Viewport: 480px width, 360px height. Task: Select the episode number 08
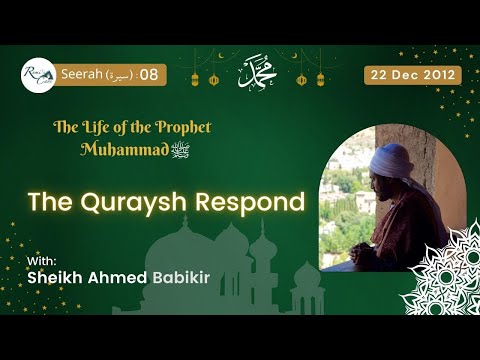click(148, 75)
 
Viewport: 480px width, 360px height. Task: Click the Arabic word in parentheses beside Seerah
click(117, 75)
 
